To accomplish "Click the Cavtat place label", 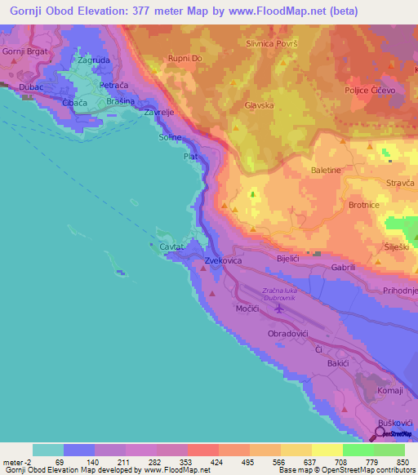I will click(x=172, y=246).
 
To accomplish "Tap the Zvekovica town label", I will click(x=225, y=261).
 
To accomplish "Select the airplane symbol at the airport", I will click(x=279, y=309).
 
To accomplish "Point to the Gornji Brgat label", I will click(x=20, y=51).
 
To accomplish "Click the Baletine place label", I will click(x=326, y=170).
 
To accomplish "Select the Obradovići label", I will click(x=291, y=335).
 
